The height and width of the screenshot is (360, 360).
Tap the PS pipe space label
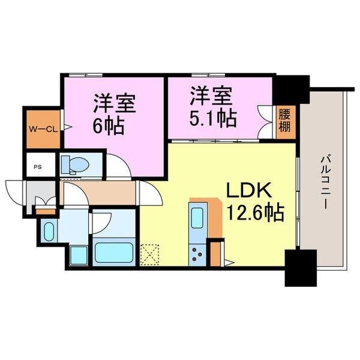click(x=38, y=167)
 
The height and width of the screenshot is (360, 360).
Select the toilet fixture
click(x=75, y=163)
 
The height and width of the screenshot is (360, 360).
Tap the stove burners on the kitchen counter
click(x=197, y=254)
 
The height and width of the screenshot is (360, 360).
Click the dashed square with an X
click(x=148, y=254)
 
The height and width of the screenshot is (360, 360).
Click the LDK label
click(x=249, y=191)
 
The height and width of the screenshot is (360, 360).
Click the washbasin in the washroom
click(x=48, y=229)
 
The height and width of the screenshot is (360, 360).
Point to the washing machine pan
click(x=78, y=254)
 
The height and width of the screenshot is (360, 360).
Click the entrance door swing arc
click(x=14, y=190)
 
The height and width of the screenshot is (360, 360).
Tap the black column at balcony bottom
click(x=299, y=268)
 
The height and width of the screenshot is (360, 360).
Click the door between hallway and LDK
click(x=148, y=195)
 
